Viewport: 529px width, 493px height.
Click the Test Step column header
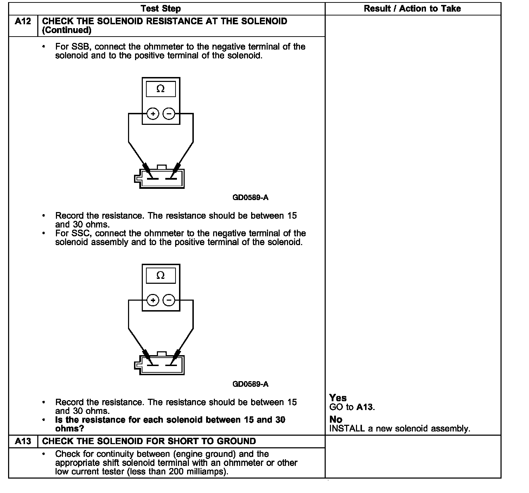click(161, 9)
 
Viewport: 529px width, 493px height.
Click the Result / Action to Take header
click(412, 9)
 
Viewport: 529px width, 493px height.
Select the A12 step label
click(23, 21)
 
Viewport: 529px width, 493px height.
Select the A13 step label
click(23, 441)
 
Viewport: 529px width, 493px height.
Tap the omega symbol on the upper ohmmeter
click(160, 89)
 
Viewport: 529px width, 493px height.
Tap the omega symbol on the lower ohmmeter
click(160, 275)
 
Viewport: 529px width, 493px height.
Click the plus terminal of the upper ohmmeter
click(153, 114)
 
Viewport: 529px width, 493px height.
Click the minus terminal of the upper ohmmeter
click(169, 114)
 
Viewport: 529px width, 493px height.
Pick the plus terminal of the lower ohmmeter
click(153, 300)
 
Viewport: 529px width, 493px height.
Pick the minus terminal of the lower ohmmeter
click(169, 300)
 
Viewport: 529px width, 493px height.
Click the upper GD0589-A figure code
click(250, 198)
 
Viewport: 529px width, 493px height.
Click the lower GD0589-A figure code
click(250, 384)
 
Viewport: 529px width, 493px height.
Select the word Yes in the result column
click(338, 398)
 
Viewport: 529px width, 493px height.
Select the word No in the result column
click(336, 420)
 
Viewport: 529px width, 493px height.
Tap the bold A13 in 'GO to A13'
click(364, 407)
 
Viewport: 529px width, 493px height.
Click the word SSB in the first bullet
click(79, 47)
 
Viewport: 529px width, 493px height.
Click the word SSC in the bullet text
click(79, 233)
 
